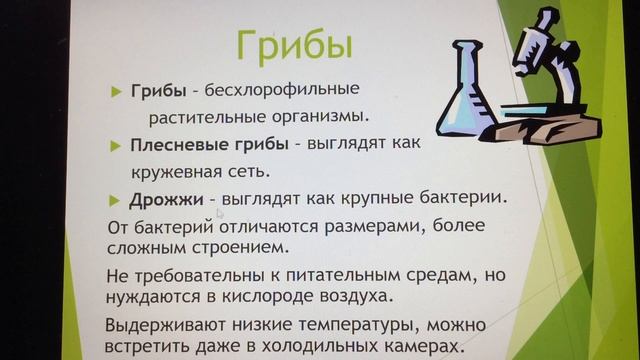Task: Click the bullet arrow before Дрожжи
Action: click(x=117, y=198)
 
